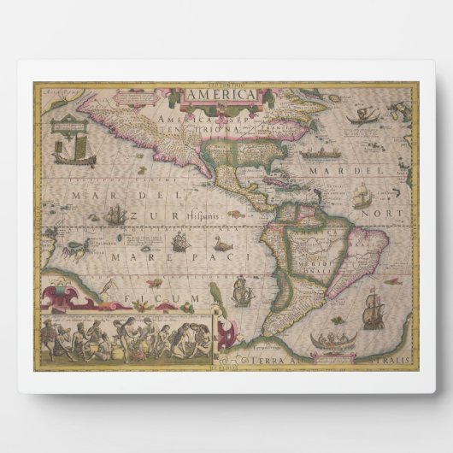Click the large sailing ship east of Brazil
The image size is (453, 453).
click(x=373, y=309)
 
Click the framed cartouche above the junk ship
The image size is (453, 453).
click(x=66, y=126)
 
